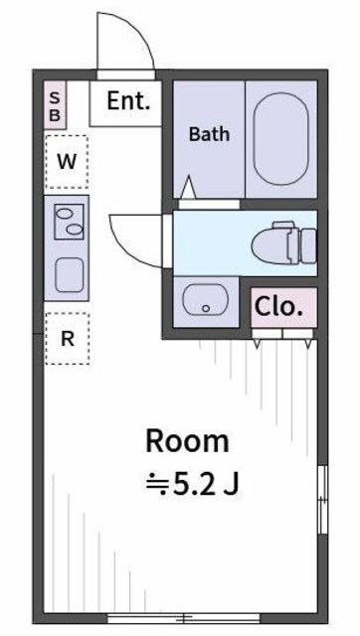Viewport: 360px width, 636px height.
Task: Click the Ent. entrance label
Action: [128, 101]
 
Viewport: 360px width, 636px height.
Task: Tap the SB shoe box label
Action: [55, 106]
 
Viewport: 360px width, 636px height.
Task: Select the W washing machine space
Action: [67, 162]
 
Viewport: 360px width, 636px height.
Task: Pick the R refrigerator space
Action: [68, 339]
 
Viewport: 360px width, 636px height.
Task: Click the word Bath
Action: [209, 134]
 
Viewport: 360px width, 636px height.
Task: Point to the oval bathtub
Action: [280, 139]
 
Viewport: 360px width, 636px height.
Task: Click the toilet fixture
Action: [283, 243]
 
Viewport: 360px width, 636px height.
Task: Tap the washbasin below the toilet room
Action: [206, 299]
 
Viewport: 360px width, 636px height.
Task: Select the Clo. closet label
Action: [279, 307]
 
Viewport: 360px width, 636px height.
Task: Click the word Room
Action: [188, 442]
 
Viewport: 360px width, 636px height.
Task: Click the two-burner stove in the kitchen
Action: [69, 222]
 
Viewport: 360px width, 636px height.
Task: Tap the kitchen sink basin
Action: [70, 274]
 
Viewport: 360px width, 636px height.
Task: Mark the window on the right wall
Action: [322, 500]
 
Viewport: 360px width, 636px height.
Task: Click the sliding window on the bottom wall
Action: [183, 618]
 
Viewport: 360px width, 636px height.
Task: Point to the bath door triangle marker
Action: [188, 188]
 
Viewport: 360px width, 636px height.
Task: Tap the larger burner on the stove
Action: [64, 212]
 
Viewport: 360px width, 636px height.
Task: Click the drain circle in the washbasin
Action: [206, 309]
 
